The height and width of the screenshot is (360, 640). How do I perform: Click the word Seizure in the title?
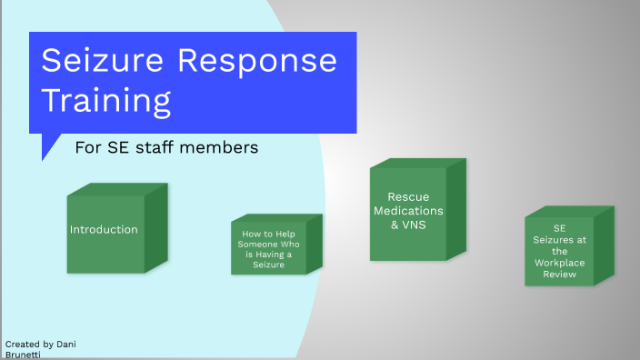point(100,61)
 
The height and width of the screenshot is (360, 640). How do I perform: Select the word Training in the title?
point(106,100)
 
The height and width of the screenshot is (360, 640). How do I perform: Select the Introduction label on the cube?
point(104,229)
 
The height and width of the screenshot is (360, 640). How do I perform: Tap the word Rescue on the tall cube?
point(408,196)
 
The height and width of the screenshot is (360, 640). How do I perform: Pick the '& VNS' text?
point(408,225)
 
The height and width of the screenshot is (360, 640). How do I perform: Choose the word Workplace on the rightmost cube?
point(560,262)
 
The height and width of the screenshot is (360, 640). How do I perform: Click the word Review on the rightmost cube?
point(560,274)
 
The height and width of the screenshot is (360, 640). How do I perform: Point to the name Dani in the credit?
point(65,344)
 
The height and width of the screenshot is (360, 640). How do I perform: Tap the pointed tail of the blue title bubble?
point(45,155)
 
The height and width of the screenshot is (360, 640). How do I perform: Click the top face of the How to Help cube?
point(277,217)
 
